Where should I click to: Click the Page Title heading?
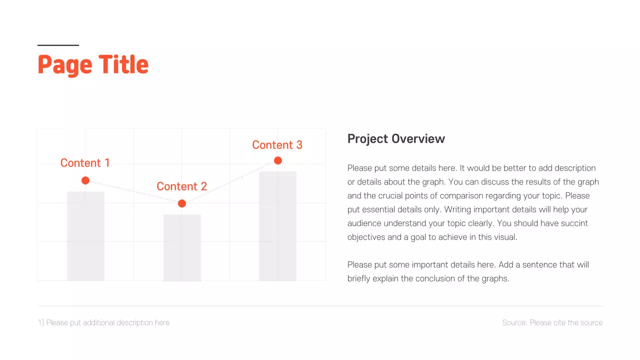93,65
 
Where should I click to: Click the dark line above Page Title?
58,45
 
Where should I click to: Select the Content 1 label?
85,163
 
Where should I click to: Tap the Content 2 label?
181,186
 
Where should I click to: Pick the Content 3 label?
277,145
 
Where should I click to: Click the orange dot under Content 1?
85,180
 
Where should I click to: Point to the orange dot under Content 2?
182,203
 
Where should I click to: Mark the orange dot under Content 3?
278,160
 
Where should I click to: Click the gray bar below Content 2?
182,247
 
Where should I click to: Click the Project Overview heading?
396,139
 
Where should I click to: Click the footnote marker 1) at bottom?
41,323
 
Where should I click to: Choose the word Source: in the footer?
514,323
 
